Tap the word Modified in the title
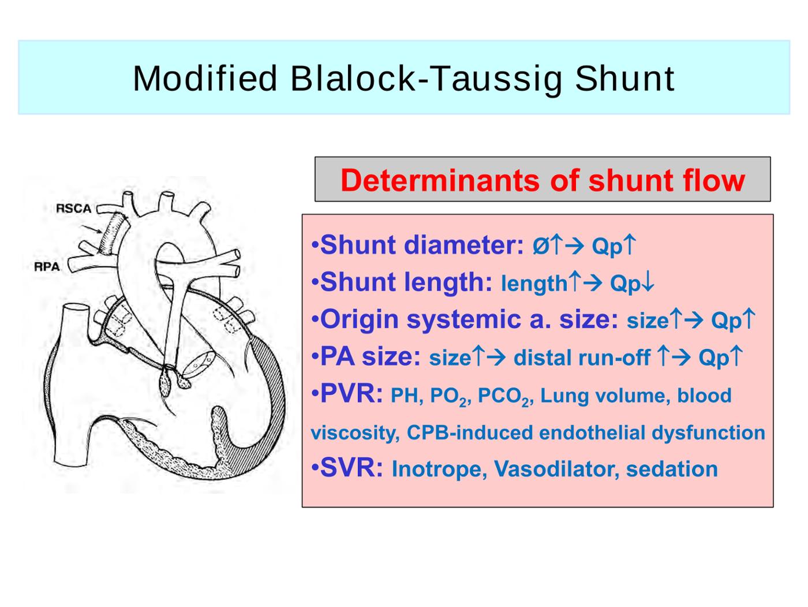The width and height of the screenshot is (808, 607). [x=205, y=78]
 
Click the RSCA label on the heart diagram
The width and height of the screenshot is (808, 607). [x=73, y=208]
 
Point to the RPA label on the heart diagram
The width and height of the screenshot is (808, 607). [x=47, y=266]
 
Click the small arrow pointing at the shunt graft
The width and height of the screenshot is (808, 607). [x=92, y=229]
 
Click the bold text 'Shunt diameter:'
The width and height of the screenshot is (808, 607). [x=422, y=244]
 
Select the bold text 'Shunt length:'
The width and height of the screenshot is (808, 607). [x=406, y=282]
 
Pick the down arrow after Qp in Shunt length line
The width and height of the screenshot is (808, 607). [x=649, y=282]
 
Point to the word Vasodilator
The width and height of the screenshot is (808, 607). [x=556, y=469]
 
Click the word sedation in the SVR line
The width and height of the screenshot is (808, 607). [x=672, y=469]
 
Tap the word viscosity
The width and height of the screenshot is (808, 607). [x=355, y=433]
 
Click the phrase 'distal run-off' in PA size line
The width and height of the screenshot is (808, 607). [x=582, y=358]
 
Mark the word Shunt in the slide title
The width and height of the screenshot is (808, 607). [x=624, y=79]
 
